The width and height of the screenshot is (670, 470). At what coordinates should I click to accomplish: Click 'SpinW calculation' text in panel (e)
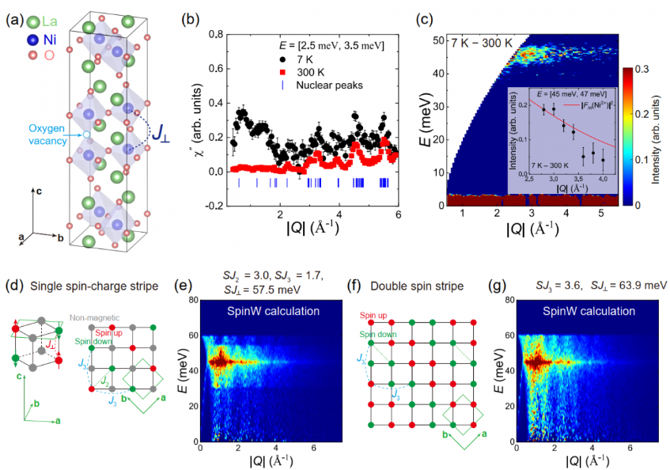coord(272,310)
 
